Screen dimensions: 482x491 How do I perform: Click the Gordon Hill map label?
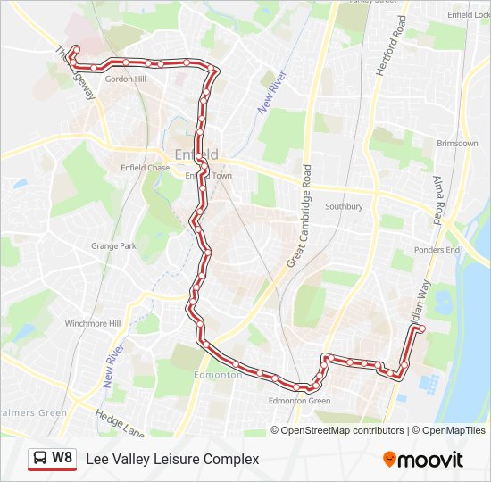(125, 79)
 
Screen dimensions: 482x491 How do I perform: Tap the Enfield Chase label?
(145, 168)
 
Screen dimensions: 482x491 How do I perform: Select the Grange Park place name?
(113, 245)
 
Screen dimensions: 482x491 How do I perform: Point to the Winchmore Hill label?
(93, 323)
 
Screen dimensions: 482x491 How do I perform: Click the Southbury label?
(344, 206)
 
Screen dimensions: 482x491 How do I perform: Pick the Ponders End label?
(437, 250)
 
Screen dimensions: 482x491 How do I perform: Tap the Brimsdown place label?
(458, 143)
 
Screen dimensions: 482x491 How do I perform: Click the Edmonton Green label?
(300, 401)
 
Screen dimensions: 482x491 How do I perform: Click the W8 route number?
(62, 458)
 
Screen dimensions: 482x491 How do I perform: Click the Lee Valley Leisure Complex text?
(172, 459)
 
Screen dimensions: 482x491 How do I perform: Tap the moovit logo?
(423, 460)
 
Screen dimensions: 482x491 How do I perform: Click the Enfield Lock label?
(468, 15)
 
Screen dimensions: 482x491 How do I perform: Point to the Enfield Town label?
(209, 176)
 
